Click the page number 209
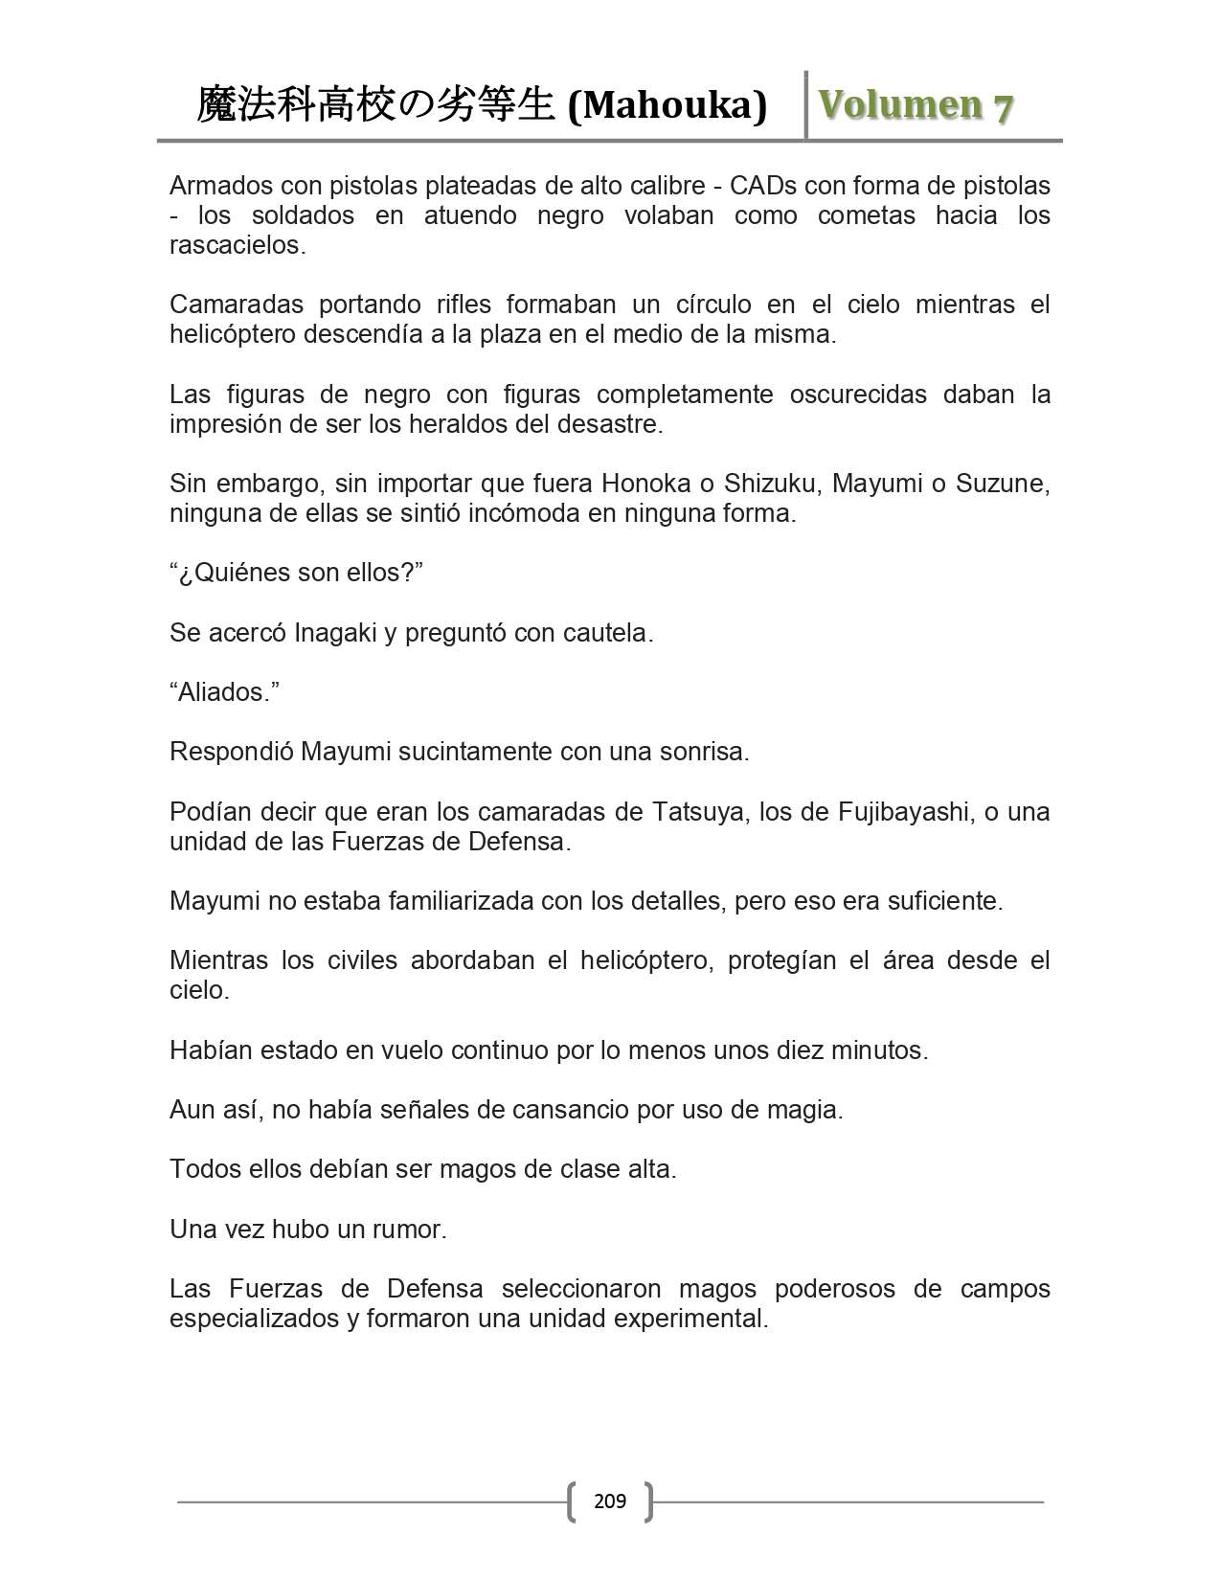point(610,1501)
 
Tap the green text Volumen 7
point(916,105)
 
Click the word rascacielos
point(237,245)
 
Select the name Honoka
point(646,484)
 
